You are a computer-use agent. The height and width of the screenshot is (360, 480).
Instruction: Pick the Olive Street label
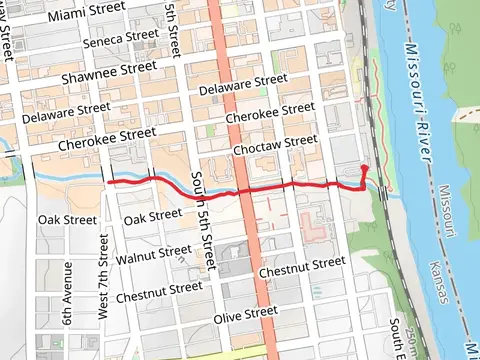click(246, 314)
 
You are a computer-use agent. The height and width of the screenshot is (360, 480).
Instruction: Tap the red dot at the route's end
click(365, 169)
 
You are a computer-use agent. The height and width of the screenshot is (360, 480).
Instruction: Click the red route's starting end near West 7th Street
click(108, 183)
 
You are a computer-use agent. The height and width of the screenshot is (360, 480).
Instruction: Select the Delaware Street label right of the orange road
click(243, 85)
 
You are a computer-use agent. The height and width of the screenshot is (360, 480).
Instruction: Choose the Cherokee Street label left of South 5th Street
click(107, 138)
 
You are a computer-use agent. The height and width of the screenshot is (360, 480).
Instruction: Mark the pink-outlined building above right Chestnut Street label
click(318, 229)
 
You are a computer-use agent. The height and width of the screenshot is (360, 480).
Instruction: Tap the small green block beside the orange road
click(211, 131)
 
